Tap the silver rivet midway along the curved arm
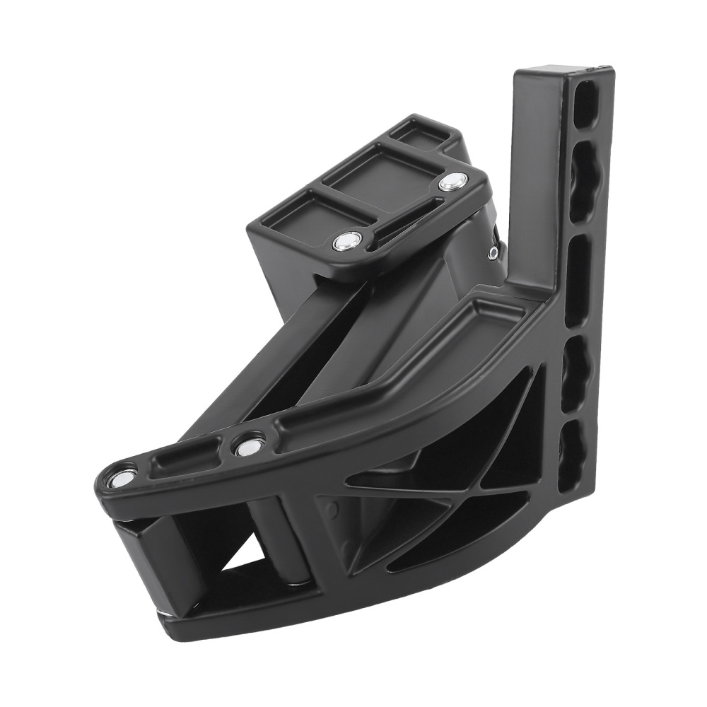coord(248,446)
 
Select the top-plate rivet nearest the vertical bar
coord(450,183)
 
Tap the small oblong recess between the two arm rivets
coord(185,460)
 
